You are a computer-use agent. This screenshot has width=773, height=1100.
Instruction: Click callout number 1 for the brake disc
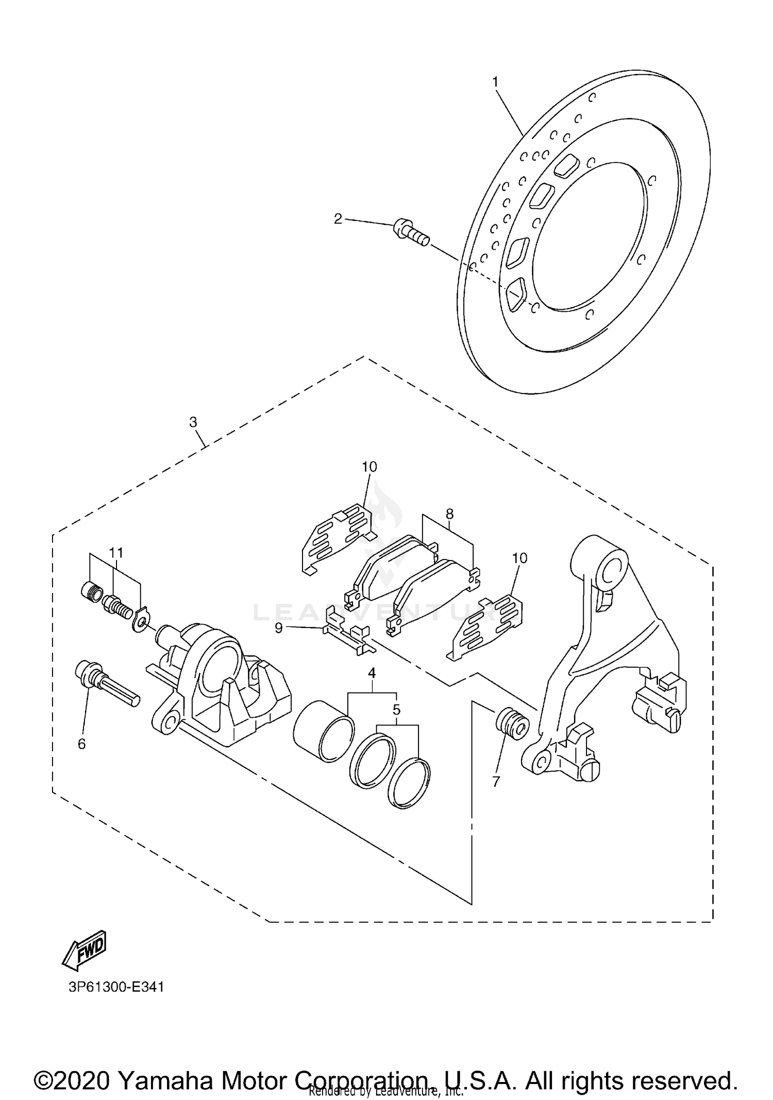click(495, 82)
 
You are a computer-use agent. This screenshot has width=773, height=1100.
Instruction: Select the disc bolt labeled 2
click(411, 233)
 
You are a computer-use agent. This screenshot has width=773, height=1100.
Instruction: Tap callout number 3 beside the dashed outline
click(193, 422)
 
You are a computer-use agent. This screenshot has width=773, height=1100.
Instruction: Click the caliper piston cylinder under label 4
click(324, 730)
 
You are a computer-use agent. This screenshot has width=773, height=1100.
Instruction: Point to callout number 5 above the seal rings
click(396, 709)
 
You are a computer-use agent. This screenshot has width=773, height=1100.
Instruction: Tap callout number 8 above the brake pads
click(449, 513)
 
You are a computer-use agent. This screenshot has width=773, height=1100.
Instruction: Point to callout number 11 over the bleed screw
click(116, 552)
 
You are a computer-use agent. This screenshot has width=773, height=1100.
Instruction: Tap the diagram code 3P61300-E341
click(115, 987)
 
